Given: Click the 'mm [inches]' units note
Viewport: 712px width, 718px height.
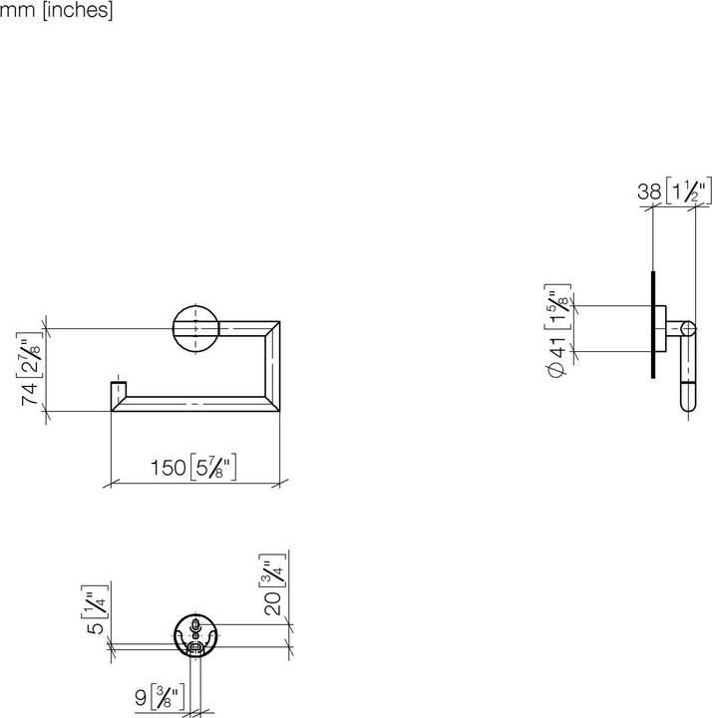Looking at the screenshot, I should [x=57, y=12].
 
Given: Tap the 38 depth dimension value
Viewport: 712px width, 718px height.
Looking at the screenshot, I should [x=650, y=190].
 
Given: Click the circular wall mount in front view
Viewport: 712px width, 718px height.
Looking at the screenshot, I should [x=196, y=328].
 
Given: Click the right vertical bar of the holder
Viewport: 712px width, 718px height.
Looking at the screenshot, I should [x=270, y=365].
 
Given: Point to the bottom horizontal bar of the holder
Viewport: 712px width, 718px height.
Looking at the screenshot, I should [x=189, y=403].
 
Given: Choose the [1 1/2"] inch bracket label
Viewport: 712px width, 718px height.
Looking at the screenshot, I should [x=689, y=190].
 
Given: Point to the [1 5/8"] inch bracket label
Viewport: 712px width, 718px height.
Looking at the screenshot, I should [x=558, y=303].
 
